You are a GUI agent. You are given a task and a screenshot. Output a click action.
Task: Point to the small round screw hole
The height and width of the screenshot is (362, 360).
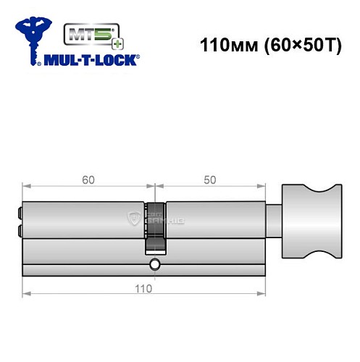(154, 266)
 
